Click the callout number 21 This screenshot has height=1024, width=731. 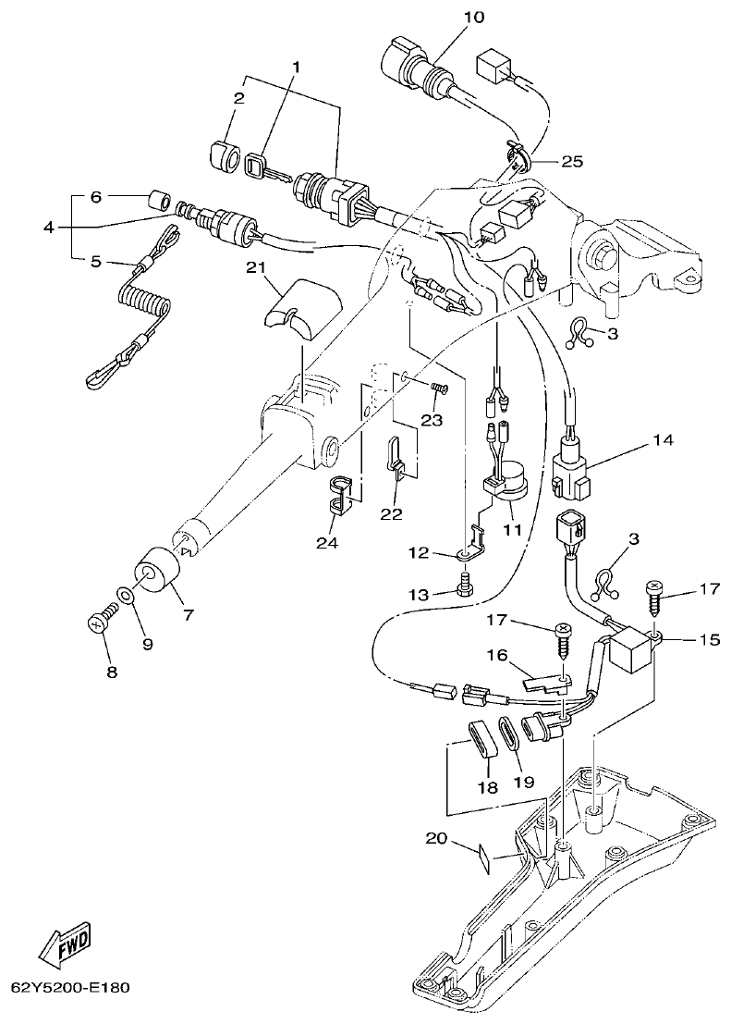click(256, 268)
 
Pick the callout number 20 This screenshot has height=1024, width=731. click(436, 838)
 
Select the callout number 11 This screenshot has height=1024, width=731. click(511, 530)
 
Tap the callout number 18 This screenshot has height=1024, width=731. click(487, 788)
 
